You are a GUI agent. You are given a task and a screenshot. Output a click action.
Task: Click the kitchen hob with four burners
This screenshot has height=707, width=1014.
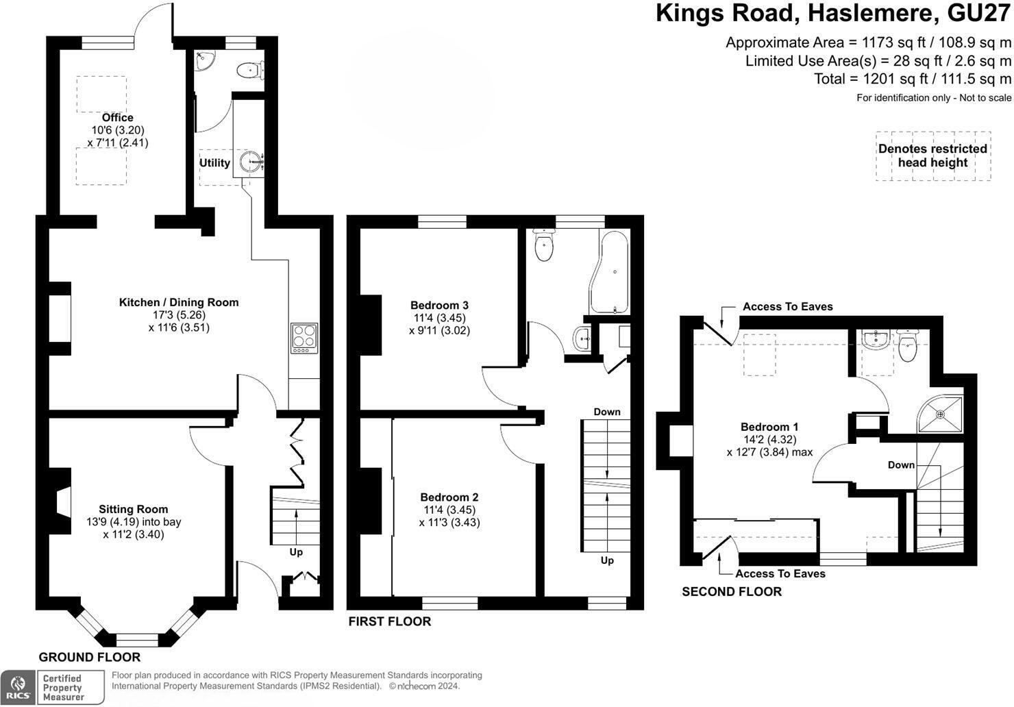point(304,338)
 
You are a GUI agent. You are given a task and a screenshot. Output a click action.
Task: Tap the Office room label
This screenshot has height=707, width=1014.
point(118,118)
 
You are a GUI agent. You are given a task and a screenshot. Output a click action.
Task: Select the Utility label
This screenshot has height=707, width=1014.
point(214,163)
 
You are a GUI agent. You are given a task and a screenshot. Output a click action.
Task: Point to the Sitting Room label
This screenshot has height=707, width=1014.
point(133,509)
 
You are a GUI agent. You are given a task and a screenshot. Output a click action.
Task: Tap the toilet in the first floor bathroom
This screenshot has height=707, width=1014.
point(544,246)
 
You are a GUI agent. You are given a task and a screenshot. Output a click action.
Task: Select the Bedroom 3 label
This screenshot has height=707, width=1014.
point(439,306)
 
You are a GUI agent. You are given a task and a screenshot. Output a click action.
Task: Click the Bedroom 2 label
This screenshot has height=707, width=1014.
point(449,497)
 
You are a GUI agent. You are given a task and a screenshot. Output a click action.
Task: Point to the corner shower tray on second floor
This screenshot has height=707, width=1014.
point(940,414)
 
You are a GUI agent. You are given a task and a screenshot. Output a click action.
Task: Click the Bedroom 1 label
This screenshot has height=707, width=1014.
point(769,427)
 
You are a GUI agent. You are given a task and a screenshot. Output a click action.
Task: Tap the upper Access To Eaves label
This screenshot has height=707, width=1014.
point(787,307)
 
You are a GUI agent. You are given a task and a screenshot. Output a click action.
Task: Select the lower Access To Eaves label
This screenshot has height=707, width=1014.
point(780,574)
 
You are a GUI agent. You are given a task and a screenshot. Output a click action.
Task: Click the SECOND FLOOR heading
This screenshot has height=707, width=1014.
point(731,592)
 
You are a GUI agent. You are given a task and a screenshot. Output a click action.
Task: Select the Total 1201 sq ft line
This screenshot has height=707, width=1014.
point(912,79)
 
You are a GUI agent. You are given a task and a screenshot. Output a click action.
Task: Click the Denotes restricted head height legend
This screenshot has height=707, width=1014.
point(932,156)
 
